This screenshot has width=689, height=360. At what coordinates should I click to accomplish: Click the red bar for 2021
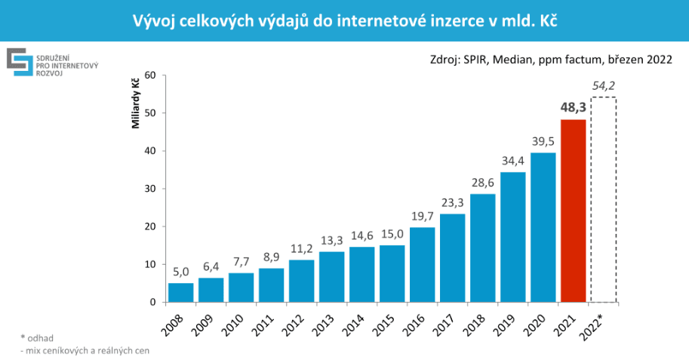(573, 211)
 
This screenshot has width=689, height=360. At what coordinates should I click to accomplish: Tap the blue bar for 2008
(180, 292)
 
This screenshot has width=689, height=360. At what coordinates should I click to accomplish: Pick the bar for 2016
(422, 264)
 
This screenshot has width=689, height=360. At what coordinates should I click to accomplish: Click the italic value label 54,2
(604, 86)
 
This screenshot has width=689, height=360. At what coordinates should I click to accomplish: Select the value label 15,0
(392, 233)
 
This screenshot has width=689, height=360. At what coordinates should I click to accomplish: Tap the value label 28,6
(482, 182)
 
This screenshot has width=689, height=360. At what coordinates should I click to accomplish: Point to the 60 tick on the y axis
(149, 75)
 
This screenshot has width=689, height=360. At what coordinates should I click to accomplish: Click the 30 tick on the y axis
(149, 189)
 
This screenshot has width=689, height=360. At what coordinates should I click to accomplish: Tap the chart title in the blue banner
(344, 20)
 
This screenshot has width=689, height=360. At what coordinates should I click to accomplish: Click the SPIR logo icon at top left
(19, 63)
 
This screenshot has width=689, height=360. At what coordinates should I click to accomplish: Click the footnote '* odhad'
(38, 337)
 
